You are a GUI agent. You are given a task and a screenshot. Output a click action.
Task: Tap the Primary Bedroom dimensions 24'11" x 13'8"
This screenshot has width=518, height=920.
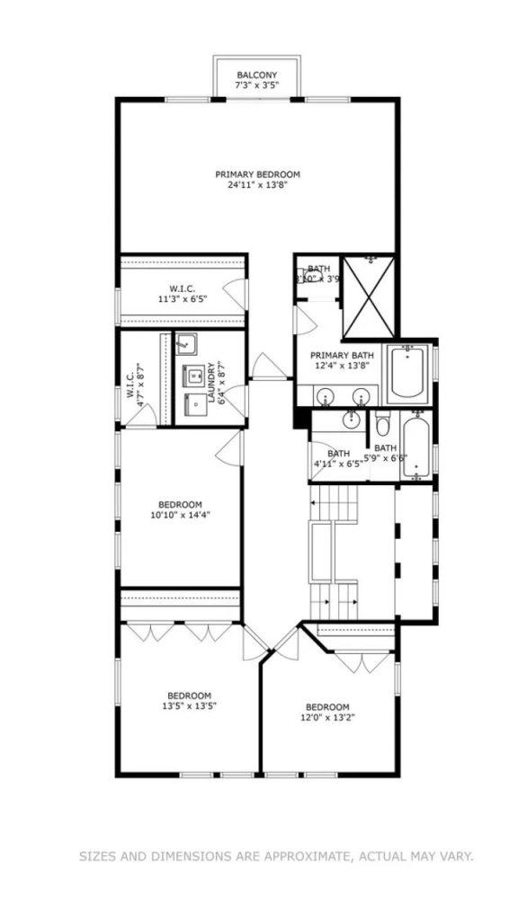pos(257,187)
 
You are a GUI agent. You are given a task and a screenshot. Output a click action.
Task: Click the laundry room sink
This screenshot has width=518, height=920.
pos(185,343)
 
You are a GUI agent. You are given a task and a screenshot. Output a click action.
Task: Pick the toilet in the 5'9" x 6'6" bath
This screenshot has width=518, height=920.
pos(382,423)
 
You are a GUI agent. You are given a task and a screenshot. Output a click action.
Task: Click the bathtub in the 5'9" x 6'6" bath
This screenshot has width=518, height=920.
pos(415,447)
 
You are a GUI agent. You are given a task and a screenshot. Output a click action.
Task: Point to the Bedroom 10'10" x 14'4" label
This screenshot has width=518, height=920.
pos(181,510)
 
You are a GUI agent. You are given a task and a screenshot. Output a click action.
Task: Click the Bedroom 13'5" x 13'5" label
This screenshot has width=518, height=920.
pos(189,700)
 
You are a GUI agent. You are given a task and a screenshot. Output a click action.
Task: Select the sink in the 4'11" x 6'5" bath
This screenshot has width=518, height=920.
pos(352,419)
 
